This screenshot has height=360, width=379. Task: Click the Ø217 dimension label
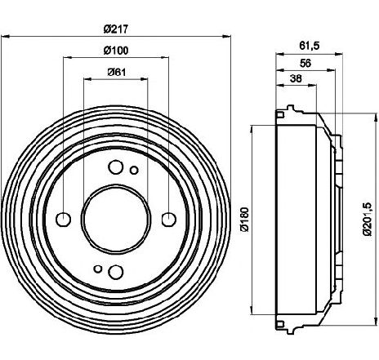(x=116, y=29)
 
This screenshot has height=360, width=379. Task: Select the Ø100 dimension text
(x=116, y=51)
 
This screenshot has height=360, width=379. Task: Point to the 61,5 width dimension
(x=309, y=46)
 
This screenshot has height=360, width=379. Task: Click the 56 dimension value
(x=305, y=63)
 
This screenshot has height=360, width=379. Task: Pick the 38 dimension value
(x=296, y=78)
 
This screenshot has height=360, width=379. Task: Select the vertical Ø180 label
(x=245, y=220)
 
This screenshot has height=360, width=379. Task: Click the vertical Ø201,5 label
(x=368, y=219)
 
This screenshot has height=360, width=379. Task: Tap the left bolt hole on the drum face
(x=64, y=220)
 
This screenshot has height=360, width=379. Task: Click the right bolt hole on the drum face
(x=169, y=220)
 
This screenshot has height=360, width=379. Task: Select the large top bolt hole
(x=116, y=167)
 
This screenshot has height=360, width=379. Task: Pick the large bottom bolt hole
(x=116, y=272)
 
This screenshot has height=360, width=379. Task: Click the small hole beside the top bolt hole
(x=134, y=171)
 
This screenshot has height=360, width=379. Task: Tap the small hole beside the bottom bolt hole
(x=98, y=269)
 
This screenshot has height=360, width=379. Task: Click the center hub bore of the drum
(x=116, y=219)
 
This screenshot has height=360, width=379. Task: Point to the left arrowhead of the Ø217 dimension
(x=5, y=36)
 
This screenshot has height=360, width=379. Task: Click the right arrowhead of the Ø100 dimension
(x=165, y=57)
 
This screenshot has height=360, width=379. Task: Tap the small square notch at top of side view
(x=280, y=114)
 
